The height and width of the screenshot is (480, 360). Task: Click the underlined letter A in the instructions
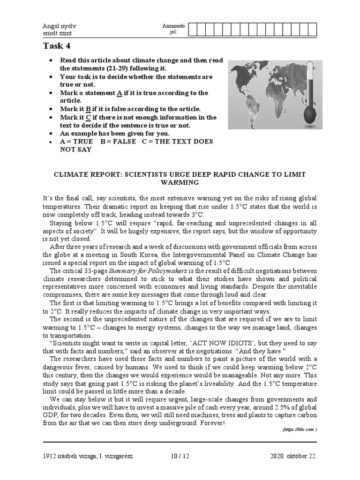point(119,93)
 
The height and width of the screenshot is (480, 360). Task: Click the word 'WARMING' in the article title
point(180,182)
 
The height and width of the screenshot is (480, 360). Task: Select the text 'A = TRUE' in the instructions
point(76,141)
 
